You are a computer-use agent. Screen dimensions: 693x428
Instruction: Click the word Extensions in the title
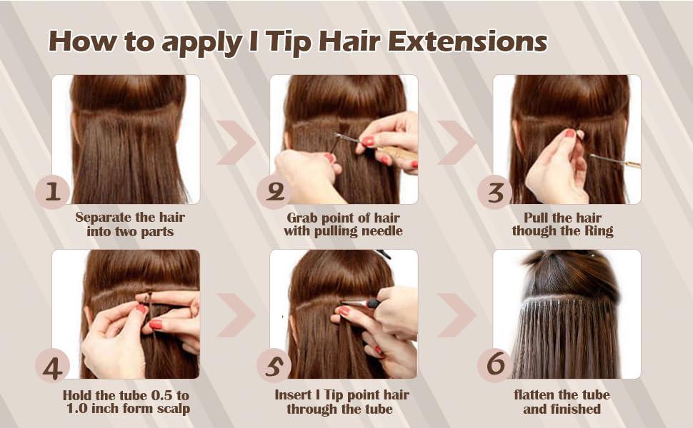click(x=468, y=42)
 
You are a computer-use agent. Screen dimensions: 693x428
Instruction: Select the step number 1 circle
click(x=53, y=192)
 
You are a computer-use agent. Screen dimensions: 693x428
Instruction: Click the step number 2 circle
click(x=274, y=192)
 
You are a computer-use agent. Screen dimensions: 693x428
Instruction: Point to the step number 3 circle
click(x=495, y=192)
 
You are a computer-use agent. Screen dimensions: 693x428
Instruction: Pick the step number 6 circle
click(x=495, y=366)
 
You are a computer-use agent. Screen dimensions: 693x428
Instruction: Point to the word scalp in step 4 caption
click(x=172, y=409)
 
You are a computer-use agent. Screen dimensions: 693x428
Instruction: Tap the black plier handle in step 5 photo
click(x=373, y=304)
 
